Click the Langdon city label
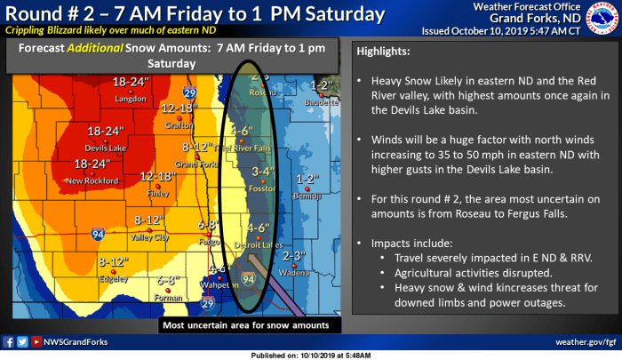[131, 99]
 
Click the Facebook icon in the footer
[9, 341]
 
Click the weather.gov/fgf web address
[586, 341]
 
